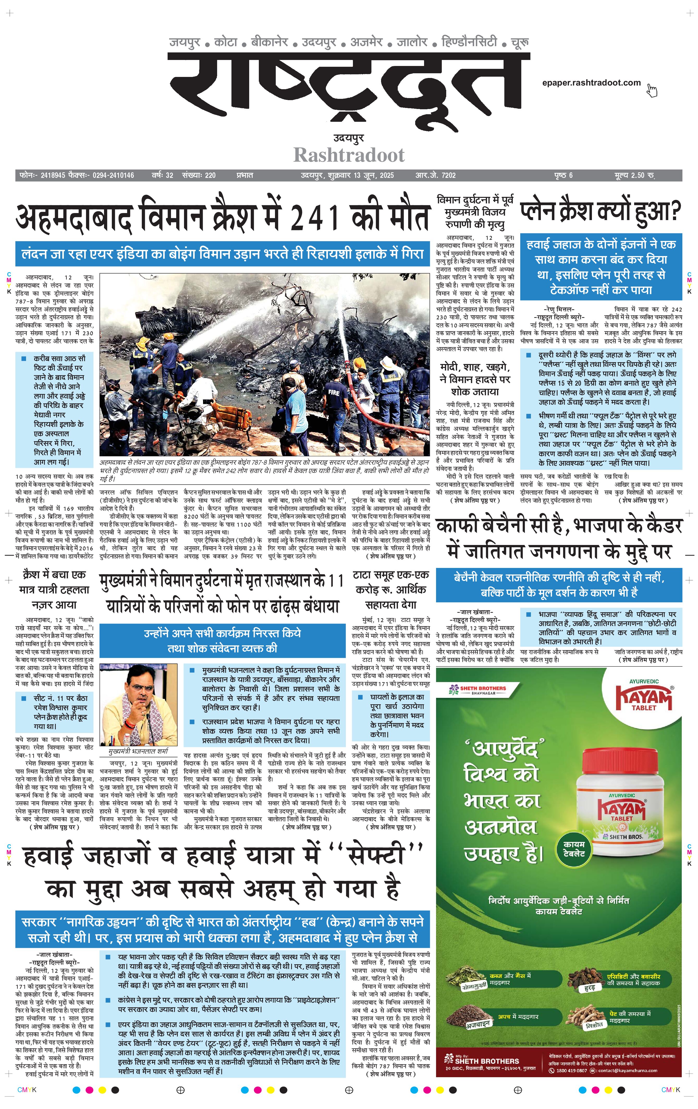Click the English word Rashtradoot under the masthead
point(349,155)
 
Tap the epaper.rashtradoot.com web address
point(591,83)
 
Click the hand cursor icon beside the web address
point(652,90)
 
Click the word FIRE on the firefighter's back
point(333,392)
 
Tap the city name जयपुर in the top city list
point(184,42)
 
